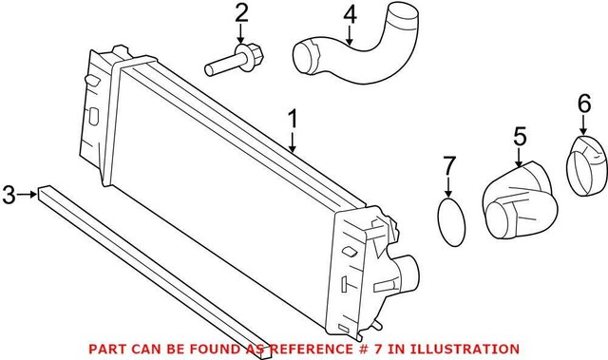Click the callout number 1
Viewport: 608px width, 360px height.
pos(294,121)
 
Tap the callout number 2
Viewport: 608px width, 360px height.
pos(241,14)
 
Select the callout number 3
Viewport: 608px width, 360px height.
pos(9,196)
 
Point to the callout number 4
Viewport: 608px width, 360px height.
pos(351,14)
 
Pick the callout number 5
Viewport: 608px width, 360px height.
pos(520,137)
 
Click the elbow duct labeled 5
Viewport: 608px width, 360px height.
pos(521,199)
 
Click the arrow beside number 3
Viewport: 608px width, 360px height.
pos(28,196)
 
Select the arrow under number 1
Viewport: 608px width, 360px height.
pos(294,143)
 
